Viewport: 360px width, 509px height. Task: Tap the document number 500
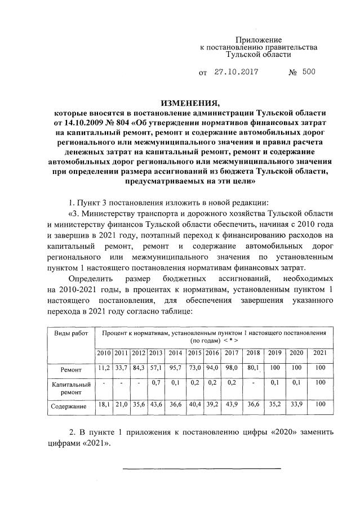309,72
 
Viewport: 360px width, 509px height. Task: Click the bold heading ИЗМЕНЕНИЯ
189,104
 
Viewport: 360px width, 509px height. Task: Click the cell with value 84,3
138,369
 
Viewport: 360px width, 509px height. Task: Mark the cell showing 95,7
175,369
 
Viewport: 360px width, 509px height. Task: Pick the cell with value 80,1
253,369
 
